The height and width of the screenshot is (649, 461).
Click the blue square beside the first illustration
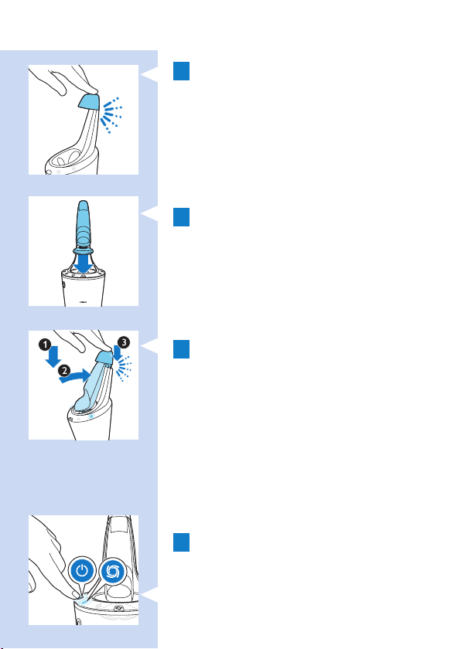pyautogui.click(x=182, y=71)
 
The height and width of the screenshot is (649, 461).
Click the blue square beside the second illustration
pyautogui.click(x=182, y=217)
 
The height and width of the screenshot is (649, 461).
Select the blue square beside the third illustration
pyautogui.click(x=182, y=349)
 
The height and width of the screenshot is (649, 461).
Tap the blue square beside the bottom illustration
pyautogui.click(x=182, y=542)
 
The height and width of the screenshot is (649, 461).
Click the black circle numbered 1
pyautogui.click(x=45, y=345)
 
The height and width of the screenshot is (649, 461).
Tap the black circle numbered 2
pyautogui.click(x=63, y=370)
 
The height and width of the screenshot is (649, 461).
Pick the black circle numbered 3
pyautogui.click(x=124, y=342)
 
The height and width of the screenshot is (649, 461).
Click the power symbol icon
pyautogui.click(x=83, y=571)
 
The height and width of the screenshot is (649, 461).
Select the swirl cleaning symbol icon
pyautogui.click(x=112, y=571)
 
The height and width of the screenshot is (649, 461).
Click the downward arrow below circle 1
pyautogui.click(x=53, y=357)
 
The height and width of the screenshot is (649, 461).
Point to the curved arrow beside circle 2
pyautogui.click(x=74, y=375)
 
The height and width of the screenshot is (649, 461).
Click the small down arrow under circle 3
pyautogui.click(x=118, y=354)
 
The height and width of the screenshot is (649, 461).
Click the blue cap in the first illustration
pyautogui.click(x=90, y=101)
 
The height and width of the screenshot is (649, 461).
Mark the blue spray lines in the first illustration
pyautogui.click(x=111, y=115)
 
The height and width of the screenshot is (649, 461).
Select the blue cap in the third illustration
pyautogui.click(x=104, y=357)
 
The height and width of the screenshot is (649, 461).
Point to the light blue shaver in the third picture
pyautogui.click(x=92, y=385)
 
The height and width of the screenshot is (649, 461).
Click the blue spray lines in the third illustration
pyautogui.click(x=124, y=368)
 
